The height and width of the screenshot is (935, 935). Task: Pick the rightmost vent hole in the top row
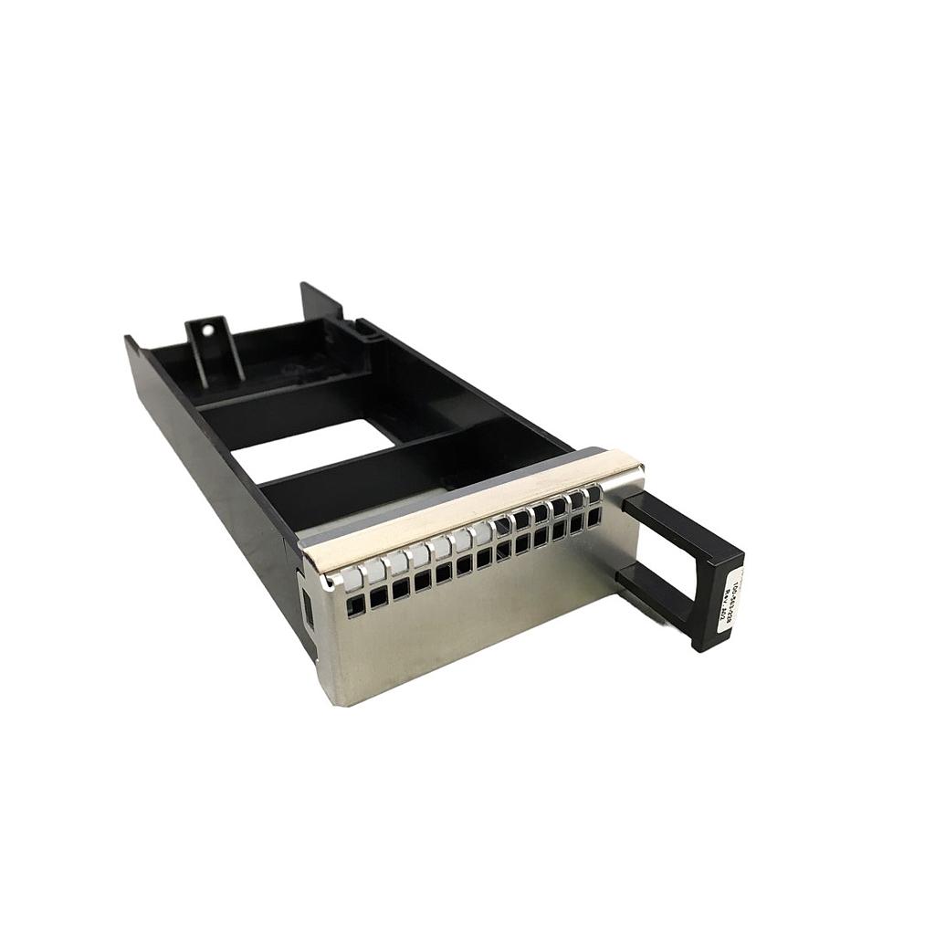(x=594, y=495)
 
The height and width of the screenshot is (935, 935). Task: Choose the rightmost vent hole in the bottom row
(x=595, y=516)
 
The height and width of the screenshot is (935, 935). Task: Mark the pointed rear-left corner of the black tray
(x=129, y=341)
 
